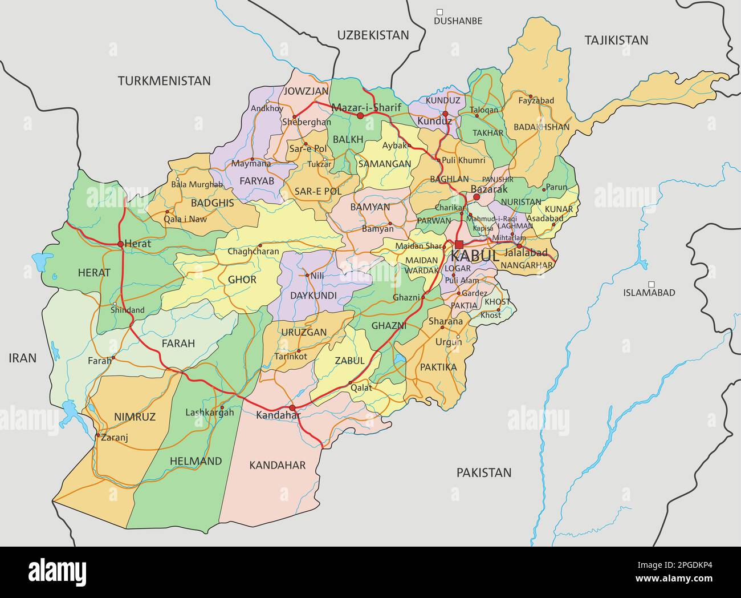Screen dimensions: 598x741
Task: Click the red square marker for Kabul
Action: (459, 244)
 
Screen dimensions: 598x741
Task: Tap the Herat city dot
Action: (121, 244)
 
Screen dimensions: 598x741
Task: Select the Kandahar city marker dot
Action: (292, 408)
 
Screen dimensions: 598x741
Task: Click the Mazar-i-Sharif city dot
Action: (360, 115)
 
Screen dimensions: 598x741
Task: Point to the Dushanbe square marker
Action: (439, 11)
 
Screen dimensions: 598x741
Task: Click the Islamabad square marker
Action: (651, 284)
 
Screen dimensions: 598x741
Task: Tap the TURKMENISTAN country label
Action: (164, 81)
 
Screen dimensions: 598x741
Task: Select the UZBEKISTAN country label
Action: (373, 35)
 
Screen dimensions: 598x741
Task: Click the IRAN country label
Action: (22, 358)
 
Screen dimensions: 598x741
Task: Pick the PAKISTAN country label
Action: (483, 472)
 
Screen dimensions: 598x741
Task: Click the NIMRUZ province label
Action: (135, 417)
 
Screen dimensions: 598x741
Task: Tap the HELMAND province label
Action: (196, 461)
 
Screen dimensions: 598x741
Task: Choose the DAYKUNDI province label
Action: (313, 296)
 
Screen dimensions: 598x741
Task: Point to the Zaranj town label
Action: (115, 438)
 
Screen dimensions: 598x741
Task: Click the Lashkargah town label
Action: (210, 412)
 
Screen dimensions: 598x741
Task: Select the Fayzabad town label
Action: (536, 101)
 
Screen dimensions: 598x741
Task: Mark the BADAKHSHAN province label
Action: (541, 127)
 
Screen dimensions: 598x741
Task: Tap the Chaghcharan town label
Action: (254, 251)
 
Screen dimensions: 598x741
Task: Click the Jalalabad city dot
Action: (519, 246)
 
